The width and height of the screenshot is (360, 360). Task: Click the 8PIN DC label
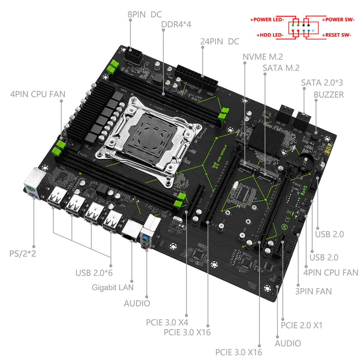(x=144, y=14)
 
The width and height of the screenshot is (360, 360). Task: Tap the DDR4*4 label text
(x=176, y=24)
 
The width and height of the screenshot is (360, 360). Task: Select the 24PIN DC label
(x=220, y=41)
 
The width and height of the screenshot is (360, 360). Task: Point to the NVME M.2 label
(x=262, y=57)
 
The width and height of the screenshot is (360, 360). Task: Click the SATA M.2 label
(x=281, y=68)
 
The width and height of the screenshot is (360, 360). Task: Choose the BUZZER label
(x=328, y=94)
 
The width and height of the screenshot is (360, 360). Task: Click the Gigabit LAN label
(x=112, y=287)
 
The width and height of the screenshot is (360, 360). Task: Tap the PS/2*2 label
(x=22, y=253)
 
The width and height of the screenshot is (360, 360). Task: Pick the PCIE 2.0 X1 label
(x=301, y=325)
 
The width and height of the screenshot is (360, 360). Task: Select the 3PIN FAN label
(x=313, y=291)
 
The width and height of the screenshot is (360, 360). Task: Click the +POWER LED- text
(x=267, y=20)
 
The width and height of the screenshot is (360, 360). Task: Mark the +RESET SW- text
(x=336, y=35)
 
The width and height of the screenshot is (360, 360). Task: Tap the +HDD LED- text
(x=270, y=35)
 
